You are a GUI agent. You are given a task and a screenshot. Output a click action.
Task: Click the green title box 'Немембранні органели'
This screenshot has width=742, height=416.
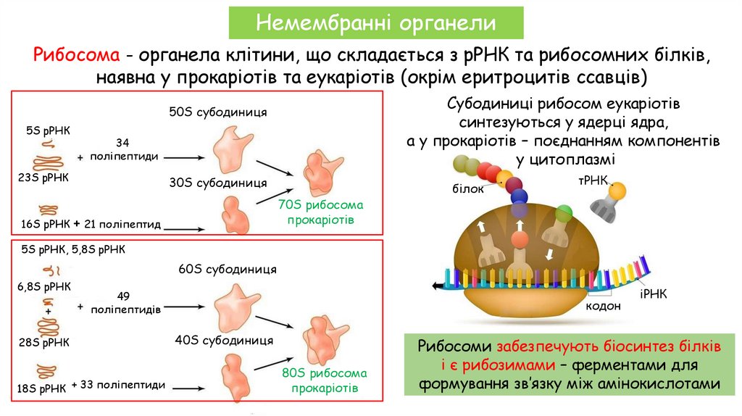click(376, 22)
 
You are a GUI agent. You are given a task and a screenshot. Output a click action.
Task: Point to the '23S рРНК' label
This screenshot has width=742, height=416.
click(42, 176)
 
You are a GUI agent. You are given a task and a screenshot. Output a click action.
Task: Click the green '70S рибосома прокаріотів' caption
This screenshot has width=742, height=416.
click(320, 212)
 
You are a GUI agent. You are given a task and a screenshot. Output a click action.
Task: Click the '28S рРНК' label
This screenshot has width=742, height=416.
click(43, 341)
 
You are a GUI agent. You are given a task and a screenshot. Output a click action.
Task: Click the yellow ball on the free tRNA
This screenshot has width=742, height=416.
click(617, 190)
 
